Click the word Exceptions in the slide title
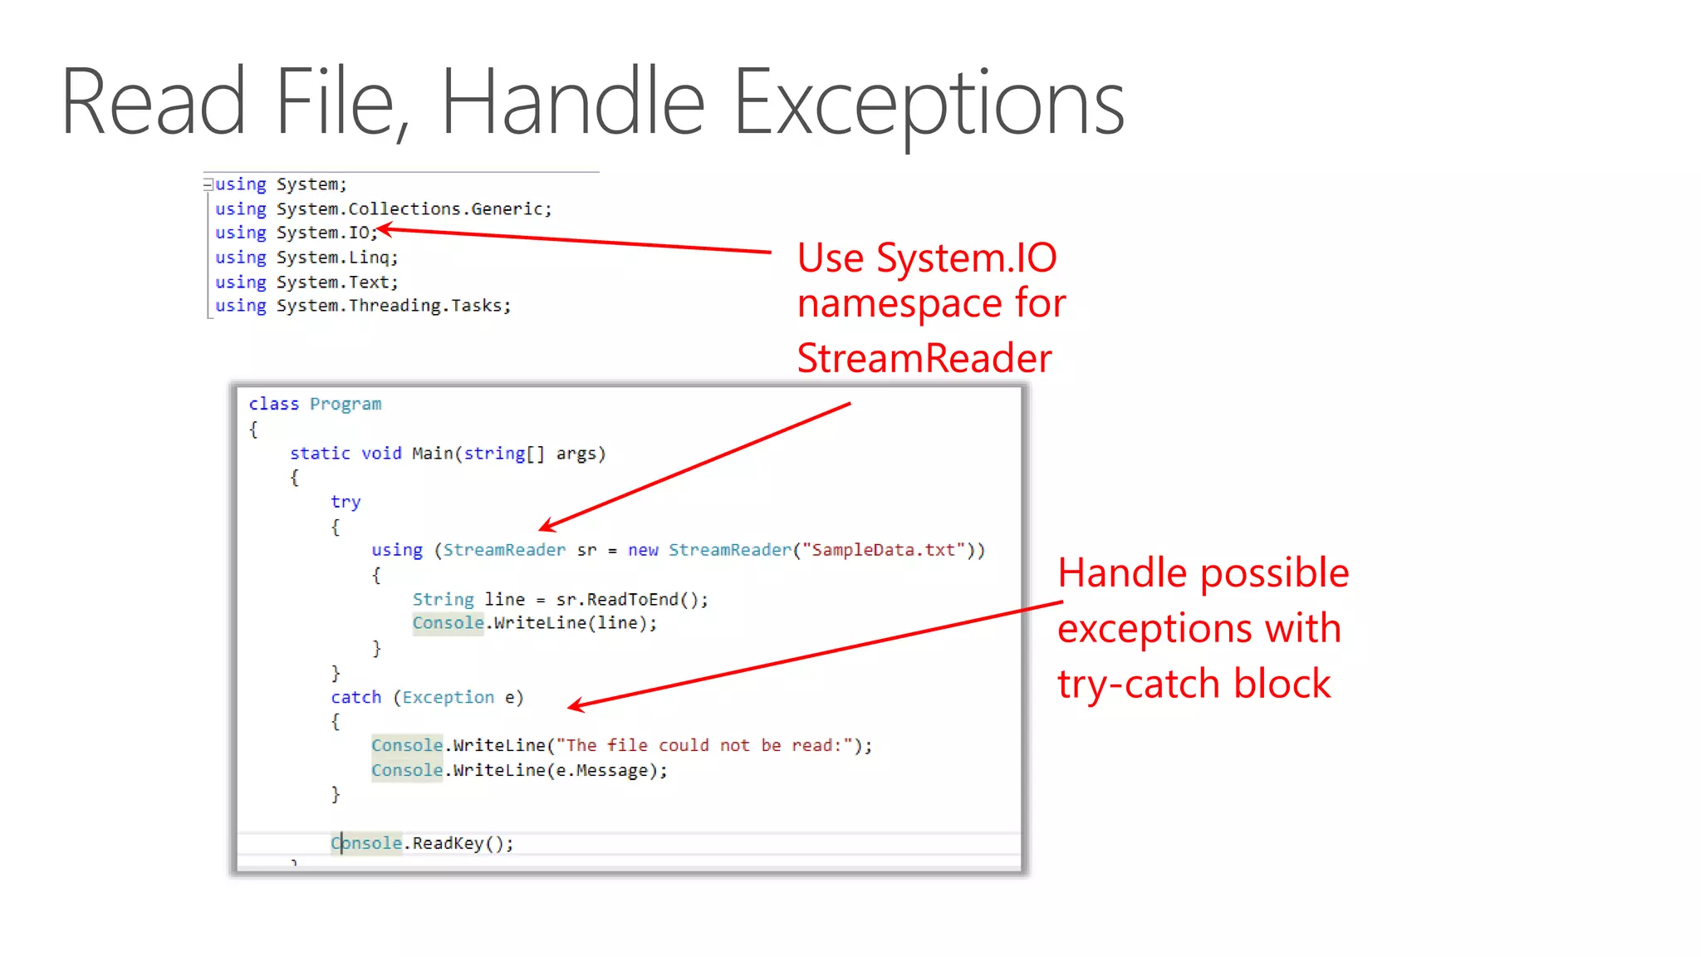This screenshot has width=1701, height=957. point(929,103)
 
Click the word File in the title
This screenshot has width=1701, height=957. point(341,103)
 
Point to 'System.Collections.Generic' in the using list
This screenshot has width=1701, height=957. point(413,209)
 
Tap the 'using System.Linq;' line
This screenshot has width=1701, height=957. point(306,258)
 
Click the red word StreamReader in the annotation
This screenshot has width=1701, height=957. point(924,358)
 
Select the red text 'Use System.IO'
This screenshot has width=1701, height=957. point(926,258)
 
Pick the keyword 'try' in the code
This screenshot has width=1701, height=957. point(346,502)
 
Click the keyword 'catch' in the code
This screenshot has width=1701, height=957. point(355,697)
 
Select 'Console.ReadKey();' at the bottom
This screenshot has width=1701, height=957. point(422,843)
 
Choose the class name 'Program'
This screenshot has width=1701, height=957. point(346,404)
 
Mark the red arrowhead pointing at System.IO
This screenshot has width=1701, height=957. point(384,229)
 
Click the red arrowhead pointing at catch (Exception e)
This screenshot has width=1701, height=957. point(575,706)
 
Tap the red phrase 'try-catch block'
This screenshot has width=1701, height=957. point(1194,684)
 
